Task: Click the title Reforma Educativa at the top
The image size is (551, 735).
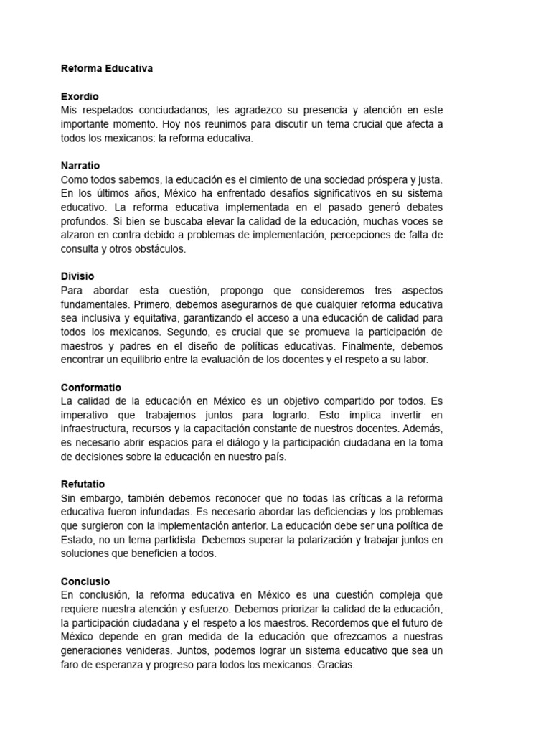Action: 107,69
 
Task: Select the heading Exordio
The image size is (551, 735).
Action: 80,96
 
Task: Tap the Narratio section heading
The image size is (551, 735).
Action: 81,165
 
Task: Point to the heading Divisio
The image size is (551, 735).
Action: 77,276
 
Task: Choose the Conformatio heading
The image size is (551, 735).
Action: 91,388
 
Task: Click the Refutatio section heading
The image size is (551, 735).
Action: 83,484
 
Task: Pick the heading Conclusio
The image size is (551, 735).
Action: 85,581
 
